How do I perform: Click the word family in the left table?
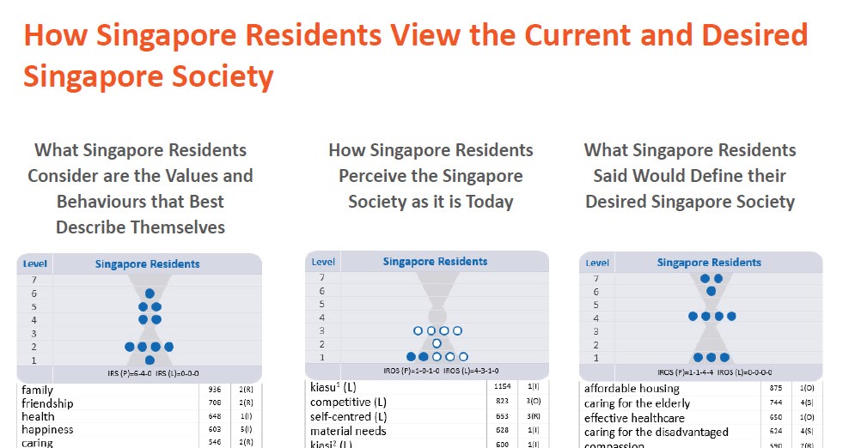[x=37, y=390]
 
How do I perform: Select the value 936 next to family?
[x=215, y=390]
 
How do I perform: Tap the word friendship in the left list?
[x=47, y=403]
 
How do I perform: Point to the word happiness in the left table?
[x=47, y=429]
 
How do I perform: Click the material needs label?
[x=348, y=431]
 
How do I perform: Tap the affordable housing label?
[x=632, y=389]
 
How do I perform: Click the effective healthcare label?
[x=634, y=418]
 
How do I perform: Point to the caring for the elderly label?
[x=637, y=403]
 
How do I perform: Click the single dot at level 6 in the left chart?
[x=150, y=294]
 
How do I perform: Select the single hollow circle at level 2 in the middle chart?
[x=437, y=343]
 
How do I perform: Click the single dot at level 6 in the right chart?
[x=711, y=291]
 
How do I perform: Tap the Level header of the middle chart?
[x=323, y=262]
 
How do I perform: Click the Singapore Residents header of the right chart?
[x=709, y=263]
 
